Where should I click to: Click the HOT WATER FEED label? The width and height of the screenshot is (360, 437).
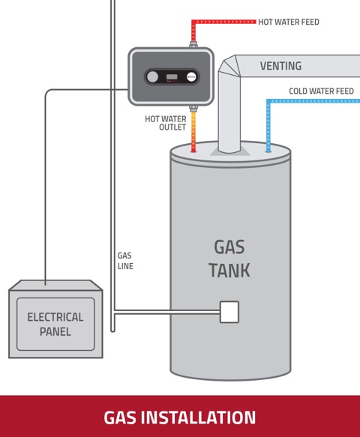pyautogui.click(x=289, y=22)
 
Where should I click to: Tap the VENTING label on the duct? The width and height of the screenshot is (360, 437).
pyautogui.click(x=280, y=66)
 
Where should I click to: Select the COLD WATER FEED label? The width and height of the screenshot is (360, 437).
pyautogui.click(x=321, y=91)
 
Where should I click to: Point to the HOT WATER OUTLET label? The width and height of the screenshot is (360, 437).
pyautogui.click(x=166, y=123)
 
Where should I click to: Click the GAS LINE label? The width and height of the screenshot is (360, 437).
pyautogui.click(x=125, y=261)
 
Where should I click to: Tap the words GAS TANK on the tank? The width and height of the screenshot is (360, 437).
pyautogui.click(x=229, y=259)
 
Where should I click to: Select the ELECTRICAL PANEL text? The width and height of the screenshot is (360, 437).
pyautogui.click(x=55, y=324)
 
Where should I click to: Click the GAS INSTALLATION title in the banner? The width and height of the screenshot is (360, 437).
pyautogui.click(x=180, y=418)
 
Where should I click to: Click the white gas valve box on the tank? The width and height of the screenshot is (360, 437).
pyautogui.click(x=229, y=312)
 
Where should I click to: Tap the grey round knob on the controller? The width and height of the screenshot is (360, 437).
pyautogui.click(x=152, y=77)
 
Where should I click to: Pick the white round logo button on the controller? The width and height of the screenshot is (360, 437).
pyautogui.click(x=191, y=77)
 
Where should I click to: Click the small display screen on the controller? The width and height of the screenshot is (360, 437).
pyautogui.click(x=172, y=77)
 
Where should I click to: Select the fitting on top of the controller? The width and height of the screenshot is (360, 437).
pyautogui.click(x=193, y=44)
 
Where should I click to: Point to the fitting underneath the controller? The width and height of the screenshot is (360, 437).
pyautogui.click(x=193, y=109)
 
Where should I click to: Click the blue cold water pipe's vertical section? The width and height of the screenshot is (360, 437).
pyautogui.click(x=268, y=126)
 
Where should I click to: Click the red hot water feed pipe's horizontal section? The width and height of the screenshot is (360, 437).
pyautogui.click(x=223, y=22)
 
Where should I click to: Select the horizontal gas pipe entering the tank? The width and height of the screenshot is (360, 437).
pyautogui.click(x=167, y=312)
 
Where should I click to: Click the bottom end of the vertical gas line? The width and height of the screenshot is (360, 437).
pyautogui.click(x=112, y=331)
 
